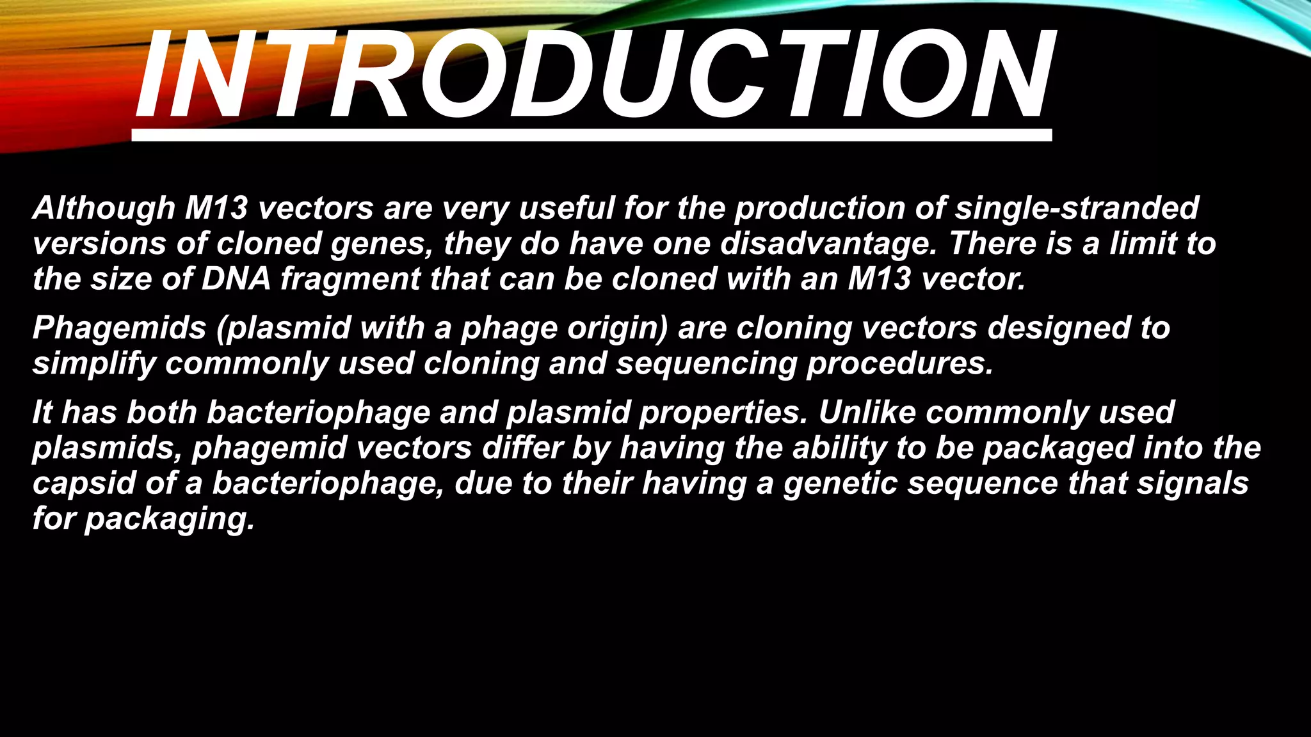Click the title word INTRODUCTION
594,75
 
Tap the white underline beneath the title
591,135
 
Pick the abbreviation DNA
236,279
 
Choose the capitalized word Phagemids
119,328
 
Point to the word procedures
900,364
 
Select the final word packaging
170,519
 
